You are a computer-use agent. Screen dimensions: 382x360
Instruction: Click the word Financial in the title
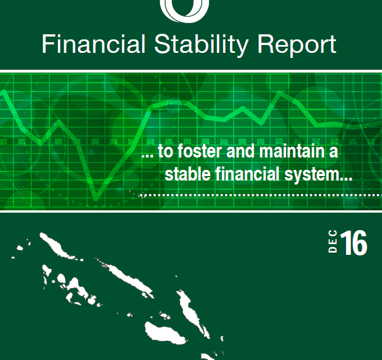[94, 44]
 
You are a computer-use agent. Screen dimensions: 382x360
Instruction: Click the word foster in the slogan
[200, 151]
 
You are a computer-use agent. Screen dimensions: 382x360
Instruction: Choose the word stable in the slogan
[188, 173]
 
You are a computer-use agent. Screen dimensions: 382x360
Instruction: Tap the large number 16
[353, 243]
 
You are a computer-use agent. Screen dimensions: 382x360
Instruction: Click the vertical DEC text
[333, 241]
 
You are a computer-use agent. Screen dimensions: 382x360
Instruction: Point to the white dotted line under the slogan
[260, 195]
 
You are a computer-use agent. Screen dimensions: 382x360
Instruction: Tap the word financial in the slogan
[247, 173]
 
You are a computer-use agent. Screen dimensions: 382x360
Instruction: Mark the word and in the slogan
[240, 151]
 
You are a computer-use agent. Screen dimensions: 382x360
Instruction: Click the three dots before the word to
[148, 156]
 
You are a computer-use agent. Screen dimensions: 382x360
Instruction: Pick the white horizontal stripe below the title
[191, 71]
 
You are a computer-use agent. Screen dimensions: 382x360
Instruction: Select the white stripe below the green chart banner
[191, 211]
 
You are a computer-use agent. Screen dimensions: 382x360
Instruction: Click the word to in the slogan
[166, 151]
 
